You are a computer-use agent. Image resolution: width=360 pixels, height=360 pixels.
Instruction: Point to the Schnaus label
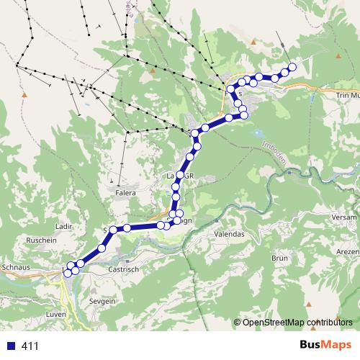(16, 266)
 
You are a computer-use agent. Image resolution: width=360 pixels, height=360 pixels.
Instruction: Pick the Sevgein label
(102, 302)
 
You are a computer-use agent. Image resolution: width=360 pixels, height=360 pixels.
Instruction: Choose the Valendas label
(230, 235)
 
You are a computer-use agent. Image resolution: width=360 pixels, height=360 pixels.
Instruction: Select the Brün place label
(280, 257)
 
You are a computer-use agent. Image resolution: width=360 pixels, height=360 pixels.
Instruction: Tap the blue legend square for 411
(10, 346)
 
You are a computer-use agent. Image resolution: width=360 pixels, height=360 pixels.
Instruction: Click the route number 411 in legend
(30, 346)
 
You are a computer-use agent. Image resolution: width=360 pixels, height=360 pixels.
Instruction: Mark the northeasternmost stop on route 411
(292, 68)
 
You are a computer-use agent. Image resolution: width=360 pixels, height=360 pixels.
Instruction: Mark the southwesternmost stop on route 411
(70, 273)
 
